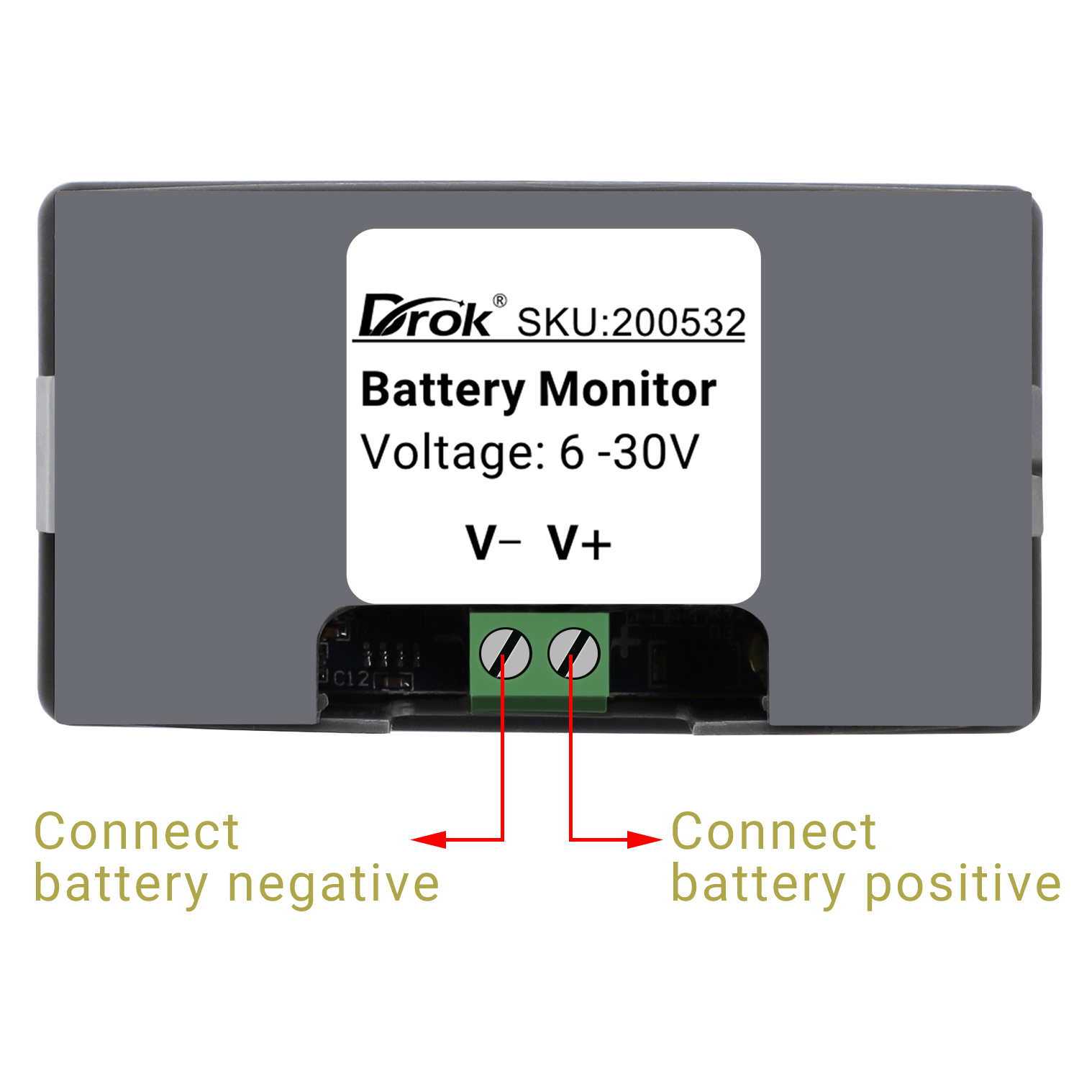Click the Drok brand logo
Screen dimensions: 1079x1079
(x=426, y=317)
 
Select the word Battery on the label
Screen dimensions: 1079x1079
(x=442, y=391)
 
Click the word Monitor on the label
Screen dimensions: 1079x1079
(x=627, y=391)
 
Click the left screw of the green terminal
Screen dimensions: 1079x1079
(x=505, y=653)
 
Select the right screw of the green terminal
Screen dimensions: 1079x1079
(x=573, y=653)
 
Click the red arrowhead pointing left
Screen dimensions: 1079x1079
(x=429, y=839)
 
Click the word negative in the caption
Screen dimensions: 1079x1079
(x=333, y=885)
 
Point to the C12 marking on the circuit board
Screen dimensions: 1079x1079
(x=351, y=678)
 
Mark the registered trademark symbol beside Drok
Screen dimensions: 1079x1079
(x=499, y=301)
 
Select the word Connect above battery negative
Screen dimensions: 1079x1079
(x=137, y=832)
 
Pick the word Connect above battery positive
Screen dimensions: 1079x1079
(x=773, y=832)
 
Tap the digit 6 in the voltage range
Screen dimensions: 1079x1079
(x=571, y=453)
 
